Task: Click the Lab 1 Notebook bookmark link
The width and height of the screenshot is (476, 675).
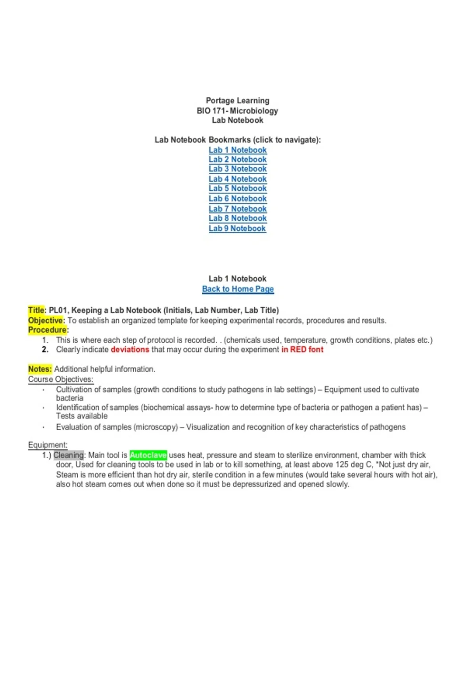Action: [x=238, y=150]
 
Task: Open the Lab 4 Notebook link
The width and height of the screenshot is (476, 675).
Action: [x=238, y=179]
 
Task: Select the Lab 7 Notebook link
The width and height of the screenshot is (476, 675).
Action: [x=238, y=209]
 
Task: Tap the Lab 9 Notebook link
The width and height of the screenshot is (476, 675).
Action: [x=237, y=229]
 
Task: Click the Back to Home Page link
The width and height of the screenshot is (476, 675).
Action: [x=238, y=289]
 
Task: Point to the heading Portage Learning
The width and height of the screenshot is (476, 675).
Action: [x=237, y=101]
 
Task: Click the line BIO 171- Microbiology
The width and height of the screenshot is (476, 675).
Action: [x=237, y=111]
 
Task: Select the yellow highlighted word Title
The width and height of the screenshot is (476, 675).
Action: [x=36, y=310]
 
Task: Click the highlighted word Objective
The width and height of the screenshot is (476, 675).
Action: [x=45, y=320]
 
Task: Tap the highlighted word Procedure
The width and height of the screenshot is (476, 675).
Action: [x=47, y=330]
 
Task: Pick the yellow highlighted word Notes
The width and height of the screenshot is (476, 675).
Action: [x=40, y=369]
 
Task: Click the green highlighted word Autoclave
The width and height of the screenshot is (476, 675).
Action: [x=148, y=455]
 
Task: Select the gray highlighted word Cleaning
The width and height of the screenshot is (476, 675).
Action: [x=69, y=455]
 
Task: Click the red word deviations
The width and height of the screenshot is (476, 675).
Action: [x=130, y=349]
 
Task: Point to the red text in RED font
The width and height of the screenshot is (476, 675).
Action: [x=302, y=349]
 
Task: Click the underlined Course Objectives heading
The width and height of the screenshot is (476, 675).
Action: [x=60, y=379]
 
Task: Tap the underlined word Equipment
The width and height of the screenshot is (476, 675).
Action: [x=48, y=445]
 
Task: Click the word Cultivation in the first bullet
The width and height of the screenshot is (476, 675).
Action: [x=73, y=390]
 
